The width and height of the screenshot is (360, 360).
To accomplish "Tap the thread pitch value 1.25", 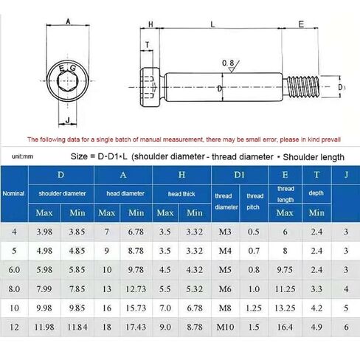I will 255,307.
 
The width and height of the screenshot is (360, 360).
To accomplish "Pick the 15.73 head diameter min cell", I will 136,307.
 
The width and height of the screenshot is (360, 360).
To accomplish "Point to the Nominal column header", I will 14,193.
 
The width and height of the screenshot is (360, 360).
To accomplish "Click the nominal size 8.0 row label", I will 14,288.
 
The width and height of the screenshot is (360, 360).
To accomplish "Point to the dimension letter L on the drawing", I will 212,24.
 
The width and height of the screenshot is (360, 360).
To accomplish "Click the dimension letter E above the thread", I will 301,24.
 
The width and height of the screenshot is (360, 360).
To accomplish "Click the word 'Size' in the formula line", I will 80,156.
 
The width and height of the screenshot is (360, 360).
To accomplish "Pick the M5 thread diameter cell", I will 224,269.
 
